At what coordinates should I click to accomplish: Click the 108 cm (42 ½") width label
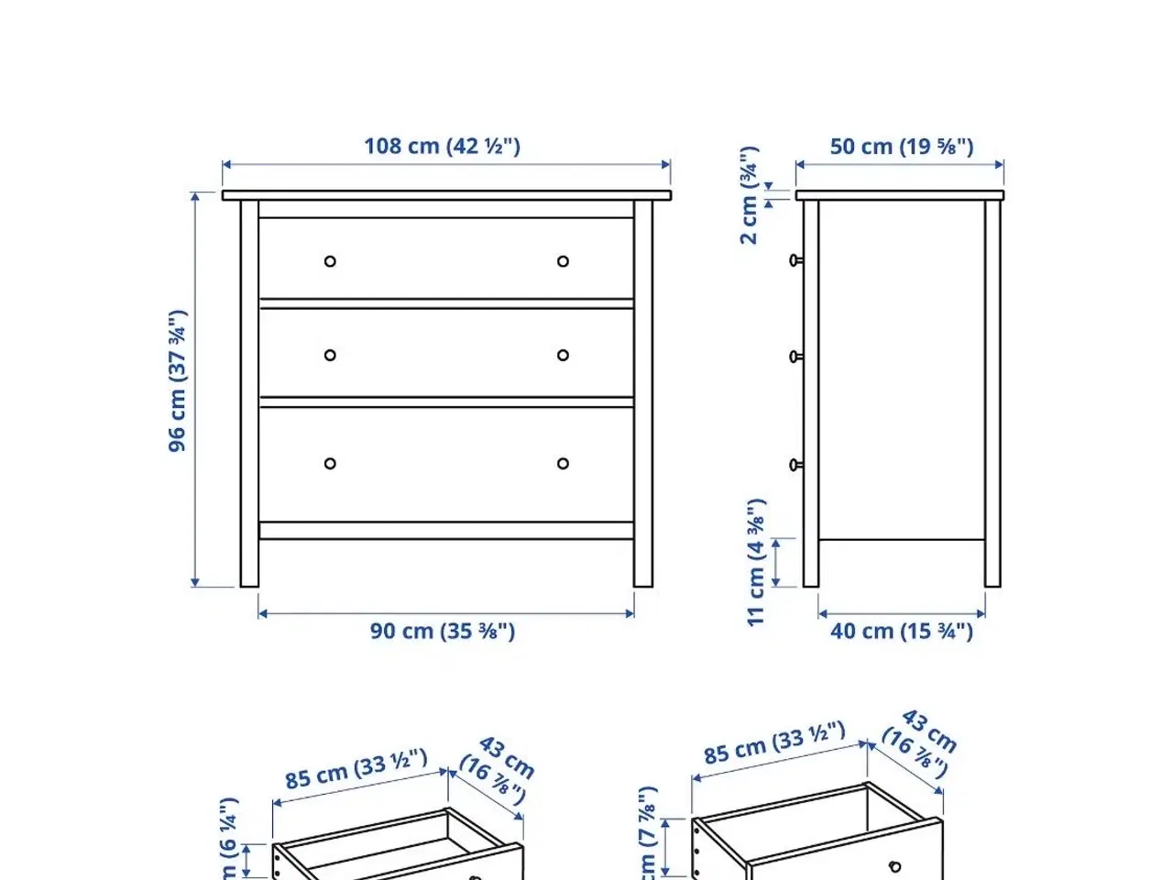click(x=442, y=146)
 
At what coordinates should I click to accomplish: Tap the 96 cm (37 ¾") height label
click(x=178, y=381)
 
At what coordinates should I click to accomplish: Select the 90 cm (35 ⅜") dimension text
click(x=442, y=632)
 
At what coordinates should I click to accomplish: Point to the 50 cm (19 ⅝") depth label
click(x=901, y=147)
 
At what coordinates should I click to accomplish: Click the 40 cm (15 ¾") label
click(x=901, y=632)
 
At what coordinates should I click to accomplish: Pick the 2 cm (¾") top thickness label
click(x=750, y=194)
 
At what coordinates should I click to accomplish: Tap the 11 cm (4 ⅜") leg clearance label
click(x=755, y=563)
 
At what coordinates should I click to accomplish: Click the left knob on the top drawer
click(x=330, y=261)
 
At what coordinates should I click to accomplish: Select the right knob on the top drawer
click(x=563, y=261)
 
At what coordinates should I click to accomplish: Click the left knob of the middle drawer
click(x=330, y=356)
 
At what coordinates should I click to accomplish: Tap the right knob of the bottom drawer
click(x=563, y=464)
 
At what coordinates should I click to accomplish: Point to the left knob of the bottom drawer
click(x=330, y=464)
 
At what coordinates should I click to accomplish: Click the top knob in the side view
click(x=795, y=260)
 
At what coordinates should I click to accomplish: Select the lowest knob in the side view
click(x=795, y=466)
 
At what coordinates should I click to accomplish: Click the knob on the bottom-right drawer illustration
click(x=894, y=867)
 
